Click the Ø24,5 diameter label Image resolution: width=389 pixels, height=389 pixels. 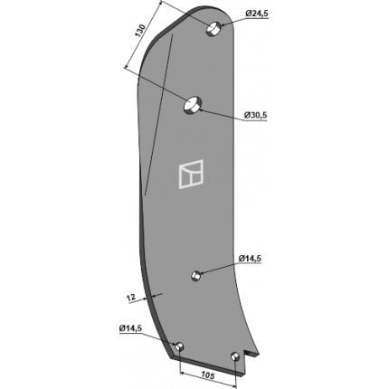[257, 14]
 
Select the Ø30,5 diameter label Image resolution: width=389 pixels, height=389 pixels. [256, 115]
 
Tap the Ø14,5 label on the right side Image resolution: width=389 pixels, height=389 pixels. [250, 259]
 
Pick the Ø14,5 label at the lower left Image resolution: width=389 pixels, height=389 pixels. [130, 328]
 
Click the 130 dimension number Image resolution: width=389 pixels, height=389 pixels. [140, 31]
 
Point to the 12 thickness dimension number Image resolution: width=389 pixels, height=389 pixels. [130, 298]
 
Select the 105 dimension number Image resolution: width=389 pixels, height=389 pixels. [207, 375]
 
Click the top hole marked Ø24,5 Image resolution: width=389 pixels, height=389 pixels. [213, 28]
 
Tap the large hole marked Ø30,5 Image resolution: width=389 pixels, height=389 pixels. [193, 105]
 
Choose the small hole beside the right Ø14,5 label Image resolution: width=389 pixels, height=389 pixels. [196, 275]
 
